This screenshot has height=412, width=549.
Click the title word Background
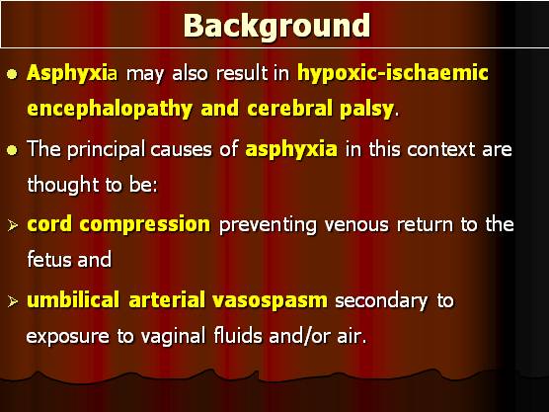coord(276,27)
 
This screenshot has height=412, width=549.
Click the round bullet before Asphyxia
coord(12,74)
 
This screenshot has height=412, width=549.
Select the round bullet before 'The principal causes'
coord(12,150)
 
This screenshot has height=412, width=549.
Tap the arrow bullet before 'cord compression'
coord(13,225)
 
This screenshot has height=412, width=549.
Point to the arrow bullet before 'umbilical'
coord(13,301)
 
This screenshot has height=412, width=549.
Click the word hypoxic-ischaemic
coord(392,74)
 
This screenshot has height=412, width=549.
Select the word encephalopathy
coord(110,109)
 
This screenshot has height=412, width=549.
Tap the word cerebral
coord(289,109)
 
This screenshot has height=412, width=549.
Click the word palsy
coord(366,109)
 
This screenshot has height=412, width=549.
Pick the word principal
coord(106,149)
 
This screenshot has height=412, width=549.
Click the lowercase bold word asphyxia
coord(291,149)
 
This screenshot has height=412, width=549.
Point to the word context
coord(440,149)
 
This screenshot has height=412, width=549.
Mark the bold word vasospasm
coord(270,301)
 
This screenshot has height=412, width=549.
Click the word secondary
coord(381,301)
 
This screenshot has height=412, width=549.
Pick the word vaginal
coord(173,336)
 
